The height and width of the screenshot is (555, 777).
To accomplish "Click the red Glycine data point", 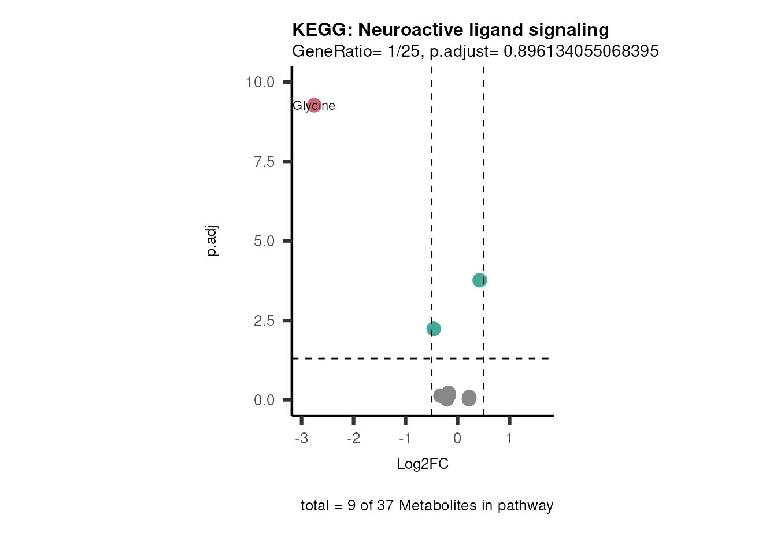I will tap(314, 105).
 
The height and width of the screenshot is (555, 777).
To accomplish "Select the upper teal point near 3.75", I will tap(479, 280).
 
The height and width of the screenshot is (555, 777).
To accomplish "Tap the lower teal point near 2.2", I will tap(434, 329).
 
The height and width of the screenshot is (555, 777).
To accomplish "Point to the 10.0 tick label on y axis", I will tap(260, 82).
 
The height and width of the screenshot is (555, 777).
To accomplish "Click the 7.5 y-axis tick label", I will tap(264, 162).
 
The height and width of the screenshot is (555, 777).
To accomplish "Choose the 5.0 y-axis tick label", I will tap(264, 241).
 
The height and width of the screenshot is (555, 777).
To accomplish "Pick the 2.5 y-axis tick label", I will tap(264, 321).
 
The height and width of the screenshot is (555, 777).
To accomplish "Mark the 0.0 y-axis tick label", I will tap(264, 400).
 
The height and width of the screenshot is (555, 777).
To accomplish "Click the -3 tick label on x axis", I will tap(301, 439).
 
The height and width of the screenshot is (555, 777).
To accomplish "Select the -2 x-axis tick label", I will tap(353, 439).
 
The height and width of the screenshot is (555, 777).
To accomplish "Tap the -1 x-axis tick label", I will tap(405, 439).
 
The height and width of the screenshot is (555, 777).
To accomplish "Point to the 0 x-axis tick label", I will tap(457, 439).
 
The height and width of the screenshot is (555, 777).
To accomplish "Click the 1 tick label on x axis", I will tap(509, 439).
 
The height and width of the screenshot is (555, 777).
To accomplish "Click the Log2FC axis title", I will tap(423, 464).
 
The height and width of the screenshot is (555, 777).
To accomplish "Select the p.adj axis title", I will tap(212, 240).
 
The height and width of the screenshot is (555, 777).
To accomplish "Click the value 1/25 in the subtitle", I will tap(404, 51).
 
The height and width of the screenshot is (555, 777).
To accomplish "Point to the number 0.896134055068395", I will tap(581, 51).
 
